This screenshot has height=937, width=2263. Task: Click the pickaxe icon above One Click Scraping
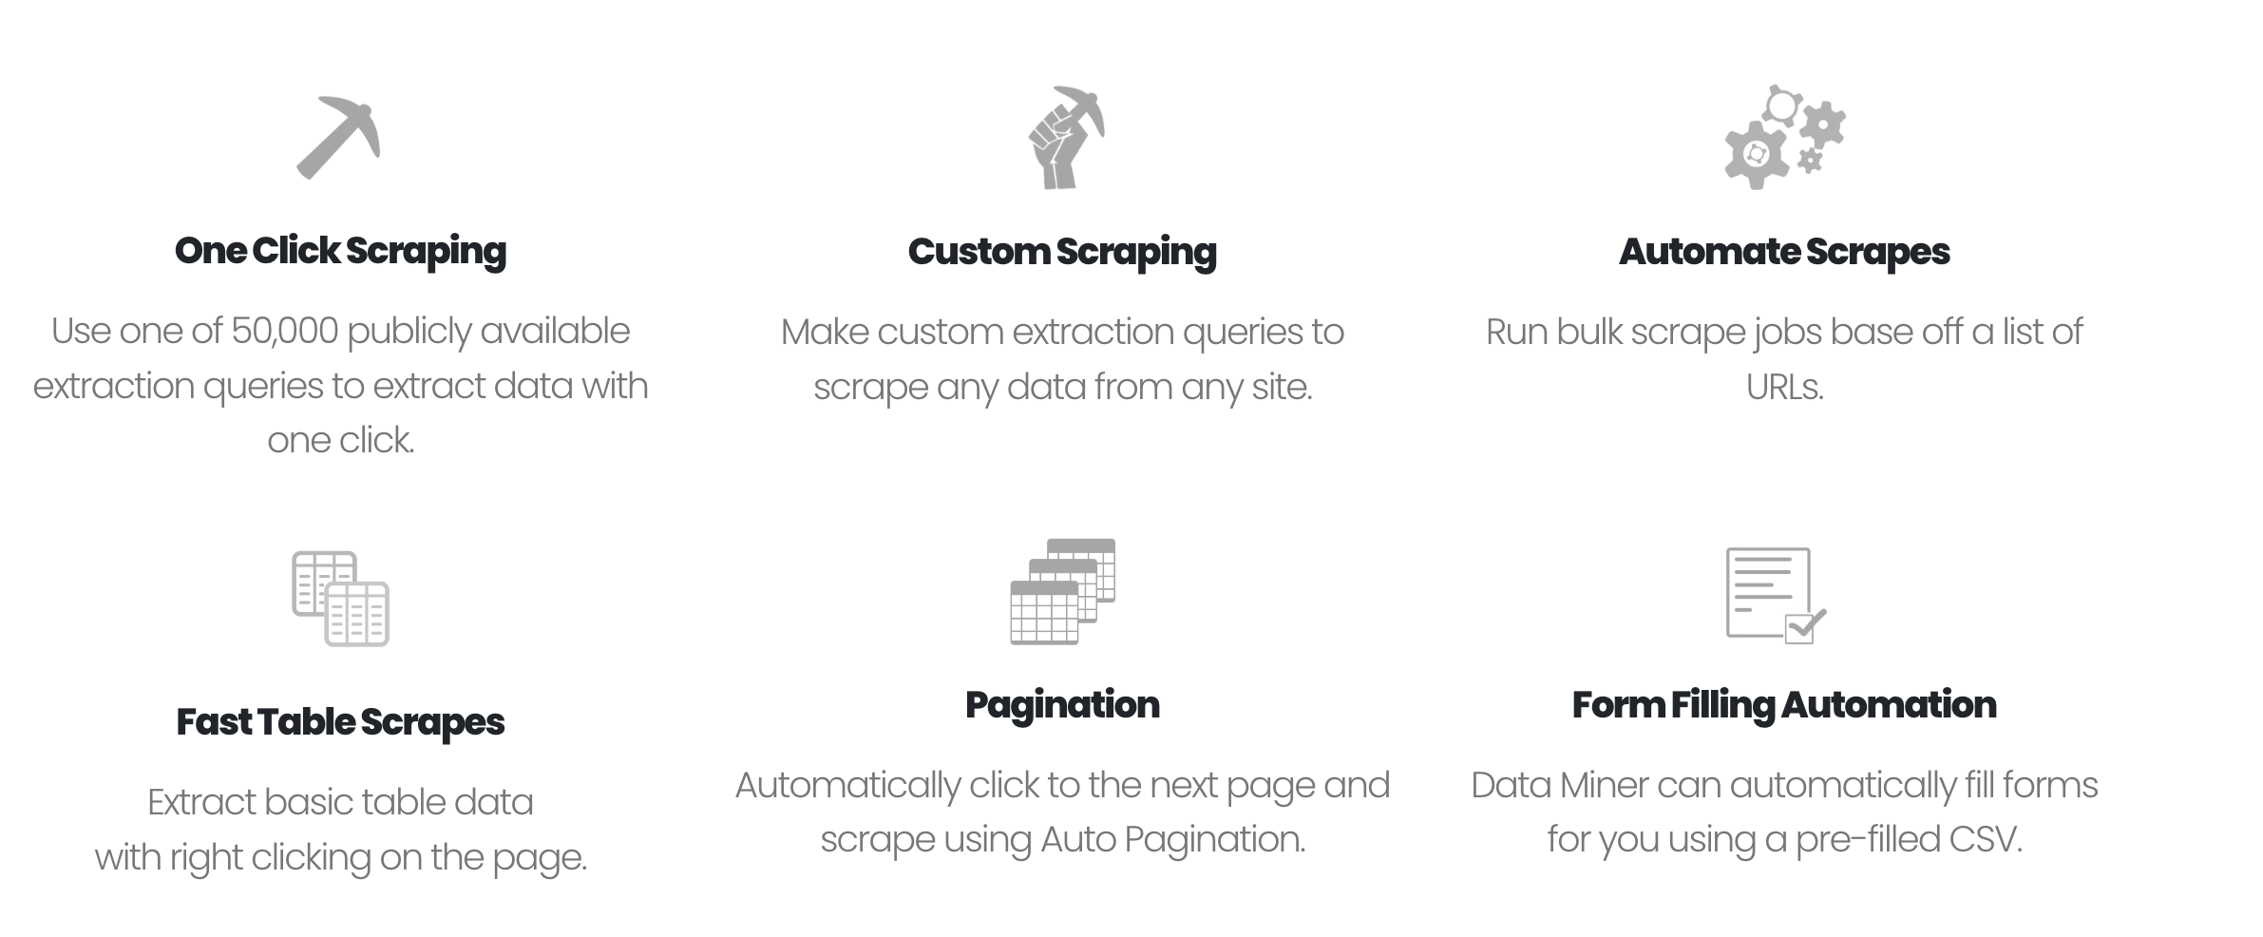pyautogui.click(x=338, y=138)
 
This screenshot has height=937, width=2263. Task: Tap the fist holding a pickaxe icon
pyautogui.click(x=1065, y=138)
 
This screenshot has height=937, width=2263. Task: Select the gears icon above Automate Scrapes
pyautogui.click(x=1783, y=138)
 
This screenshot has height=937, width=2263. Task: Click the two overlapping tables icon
pyautogui.click(x=340, y=599)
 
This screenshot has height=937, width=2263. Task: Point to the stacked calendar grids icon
pyautogui.click(x=1062, y=591)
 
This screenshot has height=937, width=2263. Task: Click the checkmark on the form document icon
pyautogui.click(x=1805, y=625)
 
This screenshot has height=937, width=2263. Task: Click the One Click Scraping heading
pyautogui.click(x=340, y=251)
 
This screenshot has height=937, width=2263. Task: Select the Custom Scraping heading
pyautogui.click(x=1062, y=252)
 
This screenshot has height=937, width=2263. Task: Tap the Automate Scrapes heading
pyautogui.click(x=1784, y=252)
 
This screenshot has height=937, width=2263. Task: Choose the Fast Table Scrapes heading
pyautogui.click(x=340, y=722)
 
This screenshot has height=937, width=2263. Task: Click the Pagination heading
pyautogui.click(x=1062, y=705)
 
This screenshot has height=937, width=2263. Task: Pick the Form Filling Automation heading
pyautogui.click(x=1784, y=705)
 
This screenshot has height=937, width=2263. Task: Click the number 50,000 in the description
pyautogui.click(x=284, y=332)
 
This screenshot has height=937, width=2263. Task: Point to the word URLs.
pyautogui.click(x=1784, y=387)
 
